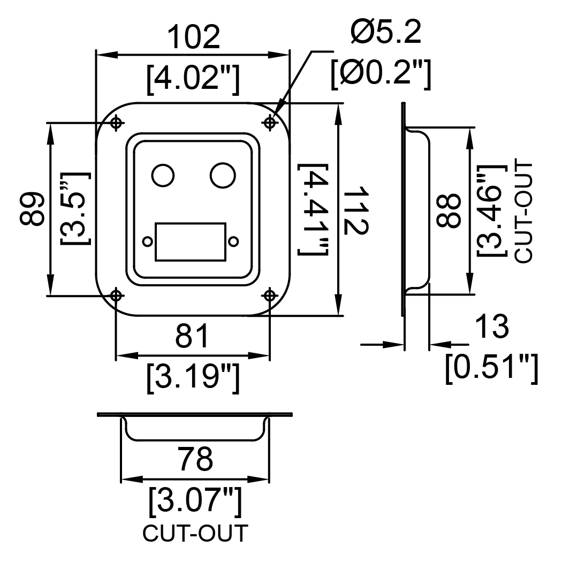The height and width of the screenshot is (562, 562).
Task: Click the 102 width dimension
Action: pyautogui.click(x=194, y=37)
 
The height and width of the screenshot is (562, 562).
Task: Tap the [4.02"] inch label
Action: pyautogui.click(x=193, y=79)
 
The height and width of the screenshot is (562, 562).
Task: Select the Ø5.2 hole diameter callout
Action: pyautogui.click(x=386, y=32)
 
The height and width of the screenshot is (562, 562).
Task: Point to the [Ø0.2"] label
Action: pyautogui.click(x=381, y=74)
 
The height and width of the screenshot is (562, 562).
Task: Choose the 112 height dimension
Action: pyautogui.click(x=355, y=210)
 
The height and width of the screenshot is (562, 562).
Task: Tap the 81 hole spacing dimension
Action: pyautogui.click(x=192, y=336)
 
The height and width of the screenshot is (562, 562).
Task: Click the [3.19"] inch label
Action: pyautogui.click(x=193, y=378)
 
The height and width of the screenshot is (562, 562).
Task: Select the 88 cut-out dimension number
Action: pyautogui.click(x=448, y=210)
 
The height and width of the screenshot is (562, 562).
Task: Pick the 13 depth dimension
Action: pyautogui.click(x=491, y=326)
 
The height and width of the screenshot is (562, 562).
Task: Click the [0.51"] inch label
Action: pyautogui.click(x=492, y=368)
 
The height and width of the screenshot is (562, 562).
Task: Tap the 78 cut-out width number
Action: pyautogui.click(x=196, y=459)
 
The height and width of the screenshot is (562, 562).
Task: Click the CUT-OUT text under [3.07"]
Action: pyautogui.click(x=195, y=533)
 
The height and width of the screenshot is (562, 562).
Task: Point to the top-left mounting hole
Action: pyautogui.click(x=116, y=123)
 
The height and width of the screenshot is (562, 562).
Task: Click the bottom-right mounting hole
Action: pyautogui.click(x=270, y=295)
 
